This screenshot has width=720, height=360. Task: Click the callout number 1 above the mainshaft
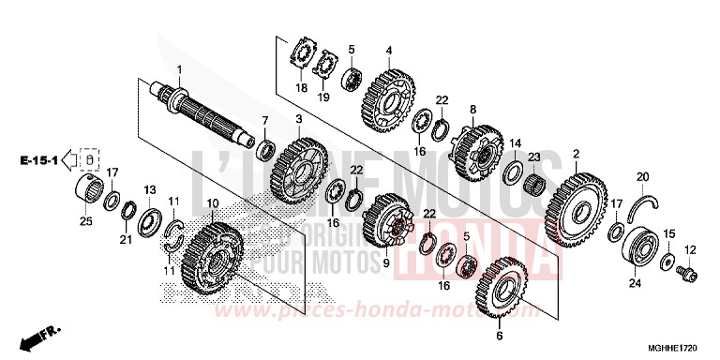[x=181, y=71]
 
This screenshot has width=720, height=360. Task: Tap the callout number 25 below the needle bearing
[x=85, y=220]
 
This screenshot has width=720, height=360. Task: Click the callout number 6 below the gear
[x=500, y=333]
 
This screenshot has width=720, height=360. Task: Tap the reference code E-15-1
[x=38, y=162]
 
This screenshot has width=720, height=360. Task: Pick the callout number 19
[x=324, y=96]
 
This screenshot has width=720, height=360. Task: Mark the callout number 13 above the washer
[x=148, y=191]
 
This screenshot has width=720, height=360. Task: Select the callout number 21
[x=125, y=239]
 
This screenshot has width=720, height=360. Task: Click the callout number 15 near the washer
[x=668, y=232]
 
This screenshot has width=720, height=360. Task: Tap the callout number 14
[x=514, y=143]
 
